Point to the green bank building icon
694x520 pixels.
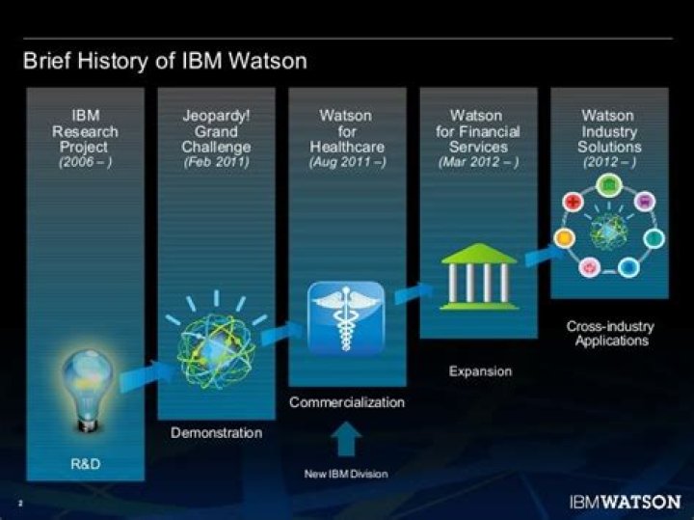pos(478,276)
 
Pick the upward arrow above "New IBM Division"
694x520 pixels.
pos(346,440)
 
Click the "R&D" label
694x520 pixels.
pos(86,465)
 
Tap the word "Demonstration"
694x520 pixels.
pos(216,433)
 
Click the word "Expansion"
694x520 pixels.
pos(480,370)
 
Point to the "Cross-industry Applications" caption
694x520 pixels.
pos(609,334)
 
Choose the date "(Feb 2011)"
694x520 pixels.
pos(216,162)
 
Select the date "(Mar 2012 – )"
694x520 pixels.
pos(478,162)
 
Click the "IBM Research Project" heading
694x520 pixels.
pos(86,131)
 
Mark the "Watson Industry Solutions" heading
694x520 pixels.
pos(609,131)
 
